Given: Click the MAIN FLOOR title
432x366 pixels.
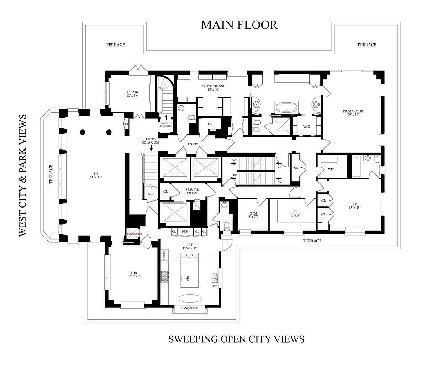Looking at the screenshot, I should pos(239,25).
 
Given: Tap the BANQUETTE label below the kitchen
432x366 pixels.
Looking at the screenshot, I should pos(190,308).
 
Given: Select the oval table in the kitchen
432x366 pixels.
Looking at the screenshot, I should pos(190,298).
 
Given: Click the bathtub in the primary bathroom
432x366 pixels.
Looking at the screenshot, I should pos(286,108).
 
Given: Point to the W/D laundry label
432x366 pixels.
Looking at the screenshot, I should pos(150,194).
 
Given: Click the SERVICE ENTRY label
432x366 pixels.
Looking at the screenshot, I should pos(192,191).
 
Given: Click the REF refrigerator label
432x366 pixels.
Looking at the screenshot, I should pos(185,231).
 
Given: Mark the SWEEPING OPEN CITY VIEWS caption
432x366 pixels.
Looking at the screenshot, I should pos(236,339).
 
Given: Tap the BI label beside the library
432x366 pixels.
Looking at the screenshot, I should pos(126,124).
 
